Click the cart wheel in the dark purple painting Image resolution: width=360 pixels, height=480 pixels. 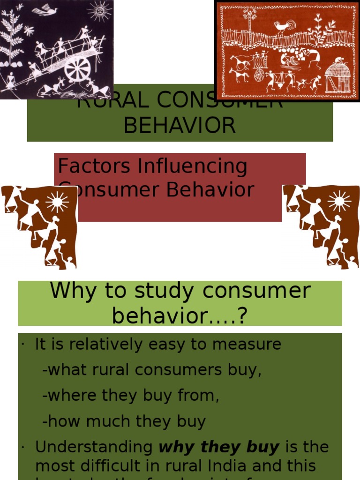[x=78, y=68]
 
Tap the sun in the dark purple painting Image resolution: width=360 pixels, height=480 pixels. [x=99, y=10]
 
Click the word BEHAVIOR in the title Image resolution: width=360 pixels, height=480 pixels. [x=180, y=126]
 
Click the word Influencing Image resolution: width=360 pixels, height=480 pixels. [x=192, y=167]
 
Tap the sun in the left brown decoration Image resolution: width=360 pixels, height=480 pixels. [x=57, y=202]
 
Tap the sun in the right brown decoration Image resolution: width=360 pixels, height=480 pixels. [x=339, y=201]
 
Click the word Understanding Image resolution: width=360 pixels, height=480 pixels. [x=94, y=447]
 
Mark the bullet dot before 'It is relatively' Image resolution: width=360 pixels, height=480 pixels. [x=22, y=345]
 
